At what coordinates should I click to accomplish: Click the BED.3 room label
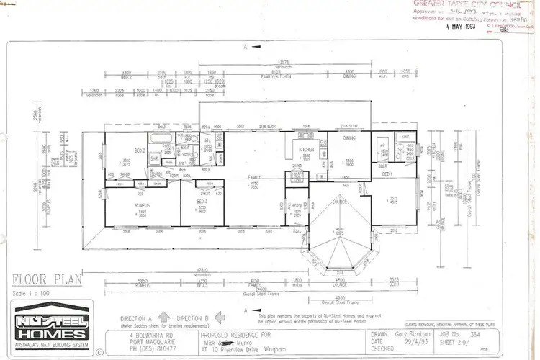tap(203, 202)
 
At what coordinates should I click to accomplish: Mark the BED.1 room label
tap(386, 175)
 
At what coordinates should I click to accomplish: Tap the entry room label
tap(296, 204)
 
